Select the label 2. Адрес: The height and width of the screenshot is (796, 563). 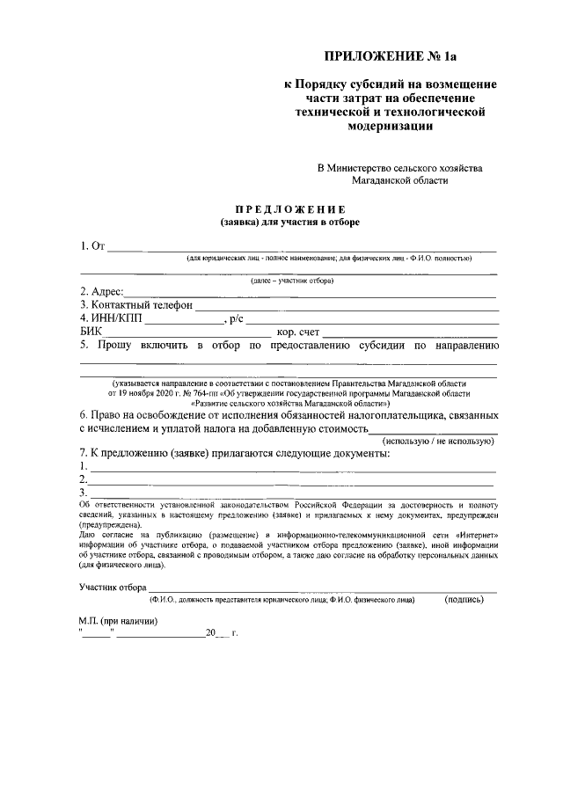click(101, 292)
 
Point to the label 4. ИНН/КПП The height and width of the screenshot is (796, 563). click(111, 318)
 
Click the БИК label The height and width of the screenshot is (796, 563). click(91, 332)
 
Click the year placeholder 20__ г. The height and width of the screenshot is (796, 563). click(223, 633)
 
